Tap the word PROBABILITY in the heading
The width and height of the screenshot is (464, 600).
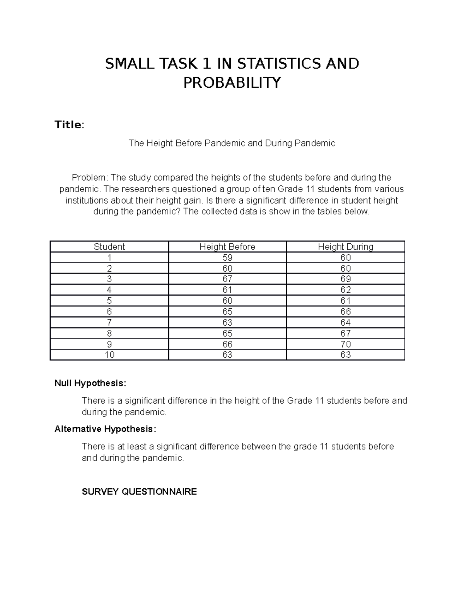click(232, 83)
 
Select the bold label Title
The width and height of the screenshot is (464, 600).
click(68, 125)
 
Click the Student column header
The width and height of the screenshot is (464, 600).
click(109, 246)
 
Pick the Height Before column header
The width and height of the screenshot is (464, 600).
click(227, 246)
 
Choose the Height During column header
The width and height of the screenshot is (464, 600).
click(345, 246)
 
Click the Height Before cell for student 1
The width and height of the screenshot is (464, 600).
click(227, 258)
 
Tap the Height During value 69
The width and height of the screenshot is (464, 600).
click(345, 279)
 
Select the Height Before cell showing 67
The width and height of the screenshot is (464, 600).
click(227, 279)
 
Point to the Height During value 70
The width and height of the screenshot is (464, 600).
click(345, 344)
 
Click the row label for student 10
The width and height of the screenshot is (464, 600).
click(109, 355)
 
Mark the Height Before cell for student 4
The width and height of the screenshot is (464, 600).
click(227, 290)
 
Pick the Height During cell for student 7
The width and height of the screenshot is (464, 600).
click(345, 323)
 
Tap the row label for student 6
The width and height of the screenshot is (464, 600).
click(109, 312)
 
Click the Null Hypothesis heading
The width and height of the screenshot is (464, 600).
click(90, 383)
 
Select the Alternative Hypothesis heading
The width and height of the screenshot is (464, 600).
click(106, 429)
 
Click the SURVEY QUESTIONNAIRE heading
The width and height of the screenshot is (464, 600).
click(139, 492)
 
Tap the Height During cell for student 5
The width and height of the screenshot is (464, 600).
click(345, 301)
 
